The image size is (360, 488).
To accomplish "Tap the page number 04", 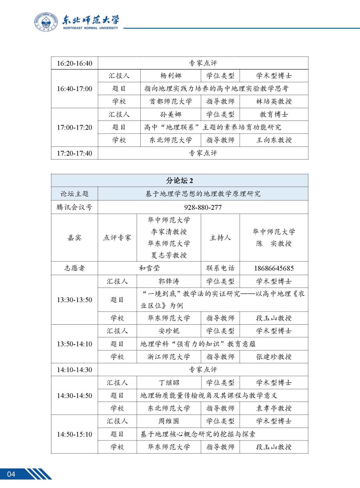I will [11, 474].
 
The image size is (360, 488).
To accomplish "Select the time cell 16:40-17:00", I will [75, 89].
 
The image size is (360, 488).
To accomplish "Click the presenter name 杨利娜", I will [171, 76].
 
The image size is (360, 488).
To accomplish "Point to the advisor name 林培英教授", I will [274, 102].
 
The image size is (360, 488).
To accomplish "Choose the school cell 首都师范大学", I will [171, 102].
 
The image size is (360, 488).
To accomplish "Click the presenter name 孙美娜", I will [171, 115].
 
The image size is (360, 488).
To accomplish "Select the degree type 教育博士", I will [274, 115].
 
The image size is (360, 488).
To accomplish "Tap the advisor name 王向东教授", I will [274, 140].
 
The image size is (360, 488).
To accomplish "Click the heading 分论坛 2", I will [180, 181].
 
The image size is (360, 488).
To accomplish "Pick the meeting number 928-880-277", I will [203, 207].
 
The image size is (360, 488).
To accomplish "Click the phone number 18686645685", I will [274, 268].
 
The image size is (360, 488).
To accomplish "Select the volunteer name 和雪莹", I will [149, 268].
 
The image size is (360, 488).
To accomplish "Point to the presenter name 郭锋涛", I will [169, 281].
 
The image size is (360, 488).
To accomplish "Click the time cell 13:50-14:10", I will [75, 344].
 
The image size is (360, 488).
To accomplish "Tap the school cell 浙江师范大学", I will [169, 357].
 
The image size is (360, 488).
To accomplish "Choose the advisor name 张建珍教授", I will [274, 357].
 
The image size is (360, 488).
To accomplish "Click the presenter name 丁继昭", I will [169, 383].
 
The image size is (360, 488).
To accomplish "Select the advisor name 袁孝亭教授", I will [274, 408].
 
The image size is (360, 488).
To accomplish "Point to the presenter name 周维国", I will [169, 421].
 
